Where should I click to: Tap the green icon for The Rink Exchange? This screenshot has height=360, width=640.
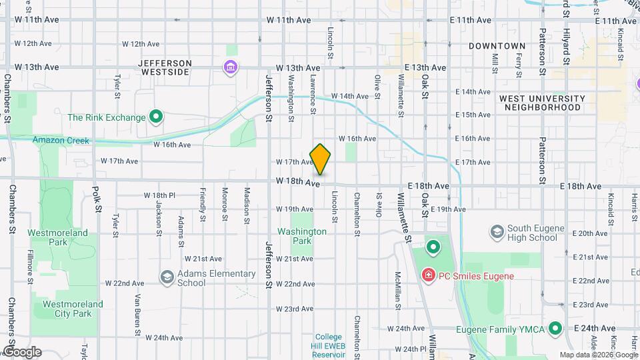[157, 117]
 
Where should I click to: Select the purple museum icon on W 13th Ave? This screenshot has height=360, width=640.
[231, 67]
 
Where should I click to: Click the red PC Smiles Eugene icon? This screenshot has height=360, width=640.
[427, 275]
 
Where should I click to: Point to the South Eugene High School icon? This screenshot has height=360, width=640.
[497, 232]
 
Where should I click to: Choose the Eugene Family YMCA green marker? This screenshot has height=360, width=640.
[554, 329]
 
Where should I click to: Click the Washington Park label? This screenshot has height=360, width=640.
[302, 236]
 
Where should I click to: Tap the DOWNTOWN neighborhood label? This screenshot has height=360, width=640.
[497, 46]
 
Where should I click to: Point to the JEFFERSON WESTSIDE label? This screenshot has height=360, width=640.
[165, 67]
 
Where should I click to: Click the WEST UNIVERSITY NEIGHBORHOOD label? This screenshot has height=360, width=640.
[542, 103]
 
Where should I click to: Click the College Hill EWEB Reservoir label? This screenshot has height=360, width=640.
[328, 345]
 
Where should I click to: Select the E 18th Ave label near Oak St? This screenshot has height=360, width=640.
[427, 185]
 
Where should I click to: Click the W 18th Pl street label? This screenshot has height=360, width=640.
[159, 195]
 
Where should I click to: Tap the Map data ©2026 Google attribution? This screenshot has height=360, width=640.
[598, 355]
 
